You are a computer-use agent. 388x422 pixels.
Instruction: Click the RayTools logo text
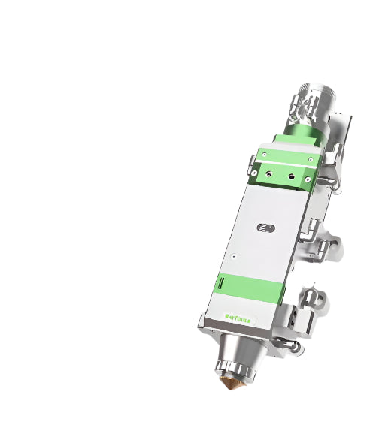pyautogui.click(x=241, y=318)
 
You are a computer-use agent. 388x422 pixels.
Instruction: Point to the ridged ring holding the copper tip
pyautogui.click(x=234, y=369)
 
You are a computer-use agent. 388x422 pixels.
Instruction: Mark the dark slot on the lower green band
pyautogui.click(x=222, y=284)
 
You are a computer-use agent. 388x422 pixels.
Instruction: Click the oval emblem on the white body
pyautogui.click(x=263, y=227)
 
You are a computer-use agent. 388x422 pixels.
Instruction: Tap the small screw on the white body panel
pyautogui.click(x=235, y=256)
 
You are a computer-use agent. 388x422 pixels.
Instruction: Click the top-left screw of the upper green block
pyautogui.click(x=260, y=149)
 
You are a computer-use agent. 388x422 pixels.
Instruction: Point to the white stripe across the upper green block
pyautogui.click(x=283, y=162)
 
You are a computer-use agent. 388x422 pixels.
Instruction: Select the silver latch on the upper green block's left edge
pyautogui.click(x=248, y=161)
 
